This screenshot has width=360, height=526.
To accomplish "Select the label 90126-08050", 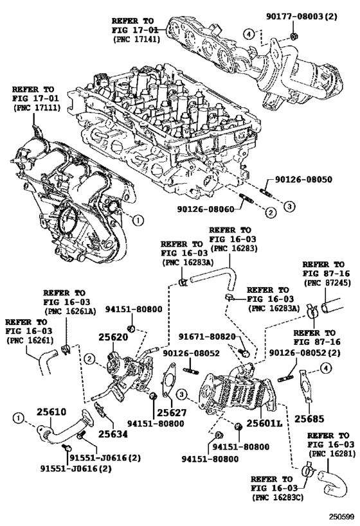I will (x=303, y=179).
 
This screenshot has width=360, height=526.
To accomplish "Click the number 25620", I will (x=113, y=337).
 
